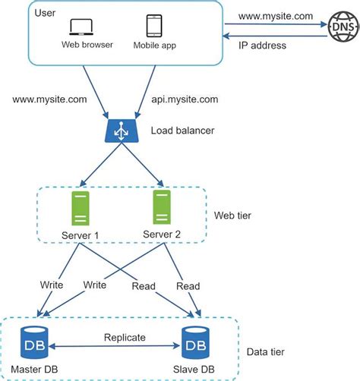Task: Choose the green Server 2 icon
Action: tap(160, 206)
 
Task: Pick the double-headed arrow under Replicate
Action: tap(115, 348)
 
